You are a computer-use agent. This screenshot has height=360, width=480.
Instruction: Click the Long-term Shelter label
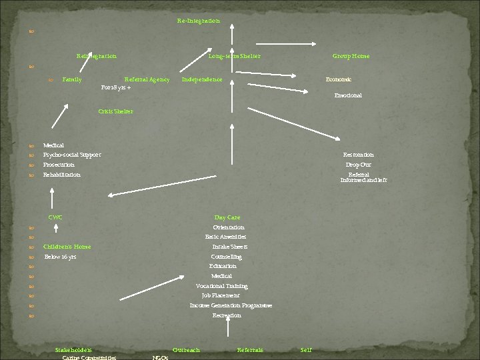(x=234, y=56)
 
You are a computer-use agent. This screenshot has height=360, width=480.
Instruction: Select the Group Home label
(x=351, y=56)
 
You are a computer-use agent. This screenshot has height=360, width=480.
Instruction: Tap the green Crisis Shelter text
(x=115, y=111)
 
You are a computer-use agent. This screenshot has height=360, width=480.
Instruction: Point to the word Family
(x=72, y=79)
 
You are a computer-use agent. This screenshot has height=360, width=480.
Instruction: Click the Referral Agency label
(x=147, y=79)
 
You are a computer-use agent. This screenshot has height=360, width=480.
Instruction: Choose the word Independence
(x=202, y=79)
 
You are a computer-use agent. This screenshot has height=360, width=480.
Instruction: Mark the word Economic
(x=339, y=79)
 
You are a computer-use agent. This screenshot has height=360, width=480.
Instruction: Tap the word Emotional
(x=348, y=95)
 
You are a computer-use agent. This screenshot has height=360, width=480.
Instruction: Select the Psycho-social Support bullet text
(x=72, y=155)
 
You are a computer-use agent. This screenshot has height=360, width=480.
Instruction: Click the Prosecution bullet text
(x=59, y=165)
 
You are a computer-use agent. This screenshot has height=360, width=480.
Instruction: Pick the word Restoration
(x=358, y=155)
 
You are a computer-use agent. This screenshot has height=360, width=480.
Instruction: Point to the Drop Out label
(x=358, y=165)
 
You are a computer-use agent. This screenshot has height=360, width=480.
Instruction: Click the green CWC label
(x=55, y=217)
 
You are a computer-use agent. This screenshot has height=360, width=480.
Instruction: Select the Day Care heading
(x=227, y=217)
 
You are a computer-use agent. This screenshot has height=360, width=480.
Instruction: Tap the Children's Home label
(x=67, y=247)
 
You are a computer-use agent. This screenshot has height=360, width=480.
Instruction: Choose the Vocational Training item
(x=221, y=286)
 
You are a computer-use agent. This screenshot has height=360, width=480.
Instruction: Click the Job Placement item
(x=221, y=295)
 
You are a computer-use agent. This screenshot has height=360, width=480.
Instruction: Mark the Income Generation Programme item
(x=231, y=305)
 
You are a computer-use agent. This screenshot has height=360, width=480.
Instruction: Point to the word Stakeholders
(x=73, y=350)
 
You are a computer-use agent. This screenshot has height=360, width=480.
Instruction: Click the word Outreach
(x=186, y=350)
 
